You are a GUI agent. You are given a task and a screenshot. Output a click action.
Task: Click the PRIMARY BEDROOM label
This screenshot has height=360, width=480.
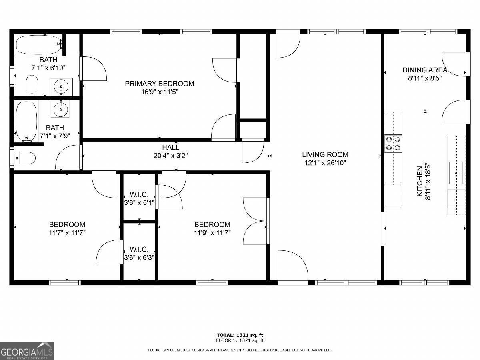click(160, 84)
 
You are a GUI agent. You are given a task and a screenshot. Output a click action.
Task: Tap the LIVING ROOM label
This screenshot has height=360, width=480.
click(325, 154)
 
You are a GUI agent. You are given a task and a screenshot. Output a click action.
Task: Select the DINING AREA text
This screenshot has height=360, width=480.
click(425, 70)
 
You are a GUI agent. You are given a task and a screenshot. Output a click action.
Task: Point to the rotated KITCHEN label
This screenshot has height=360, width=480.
click(420, 181)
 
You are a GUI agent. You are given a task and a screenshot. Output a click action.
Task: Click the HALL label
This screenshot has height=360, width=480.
click(170, 147)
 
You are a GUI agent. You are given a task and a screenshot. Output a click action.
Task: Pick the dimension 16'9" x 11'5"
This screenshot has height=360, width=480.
click(160, 92)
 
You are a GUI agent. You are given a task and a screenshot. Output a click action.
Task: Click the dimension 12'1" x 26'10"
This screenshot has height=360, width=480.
click(325, 163)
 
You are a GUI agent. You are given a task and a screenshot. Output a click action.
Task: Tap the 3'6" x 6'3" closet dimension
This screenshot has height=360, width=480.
click(139, 258)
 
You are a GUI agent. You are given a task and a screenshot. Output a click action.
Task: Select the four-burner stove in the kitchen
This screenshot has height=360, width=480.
click(393, 143)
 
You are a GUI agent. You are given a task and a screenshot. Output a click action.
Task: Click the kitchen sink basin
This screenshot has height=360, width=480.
click(456, 173)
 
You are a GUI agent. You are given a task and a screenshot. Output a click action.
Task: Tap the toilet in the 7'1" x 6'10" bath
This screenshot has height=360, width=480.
click(32, 86)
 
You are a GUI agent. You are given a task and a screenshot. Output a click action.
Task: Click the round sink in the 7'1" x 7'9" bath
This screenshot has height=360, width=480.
click(60, 109)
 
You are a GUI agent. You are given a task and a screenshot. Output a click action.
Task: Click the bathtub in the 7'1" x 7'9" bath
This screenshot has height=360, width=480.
click(26, 122)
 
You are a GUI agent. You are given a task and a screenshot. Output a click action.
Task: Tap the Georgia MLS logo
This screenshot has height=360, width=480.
click(27, 351)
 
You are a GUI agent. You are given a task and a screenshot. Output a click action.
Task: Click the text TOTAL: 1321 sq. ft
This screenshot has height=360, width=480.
click(240, 335)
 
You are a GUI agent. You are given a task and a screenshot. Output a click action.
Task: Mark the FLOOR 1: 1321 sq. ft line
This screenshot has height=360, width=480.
click(240, 340)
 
